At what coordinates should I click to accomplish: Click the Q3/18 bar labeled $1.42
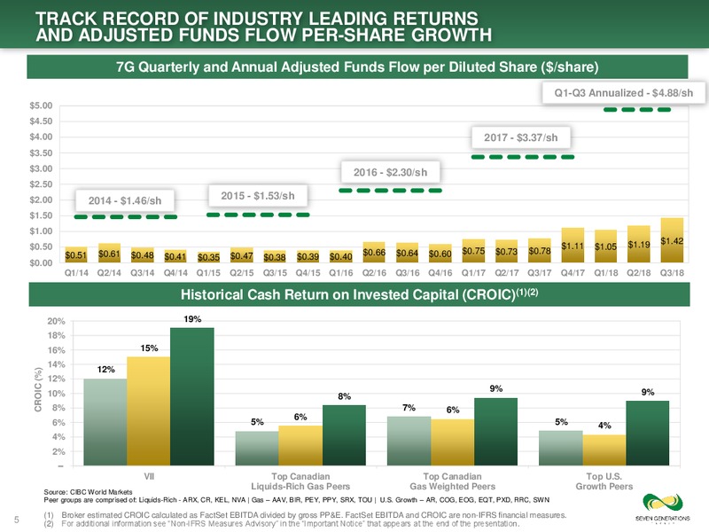pyautogui.click(x=672, y=240)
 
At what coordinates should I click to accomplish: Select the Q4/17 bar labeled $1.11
pyautogui.click(x=573, y=246)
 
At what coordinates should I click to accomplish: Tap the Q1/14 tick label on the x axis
pyautogui.click(x=76, y=273)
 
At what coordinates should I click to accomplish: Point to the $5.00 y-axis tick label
pyautogui.click(x=41, y=106)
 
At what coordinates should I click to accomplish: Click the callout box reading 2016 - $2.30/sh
pyautogui.click(x=390, y=172)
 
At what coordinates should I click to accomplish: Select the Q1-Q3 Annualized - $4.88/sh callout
pyautogui.click(x=624, y=93)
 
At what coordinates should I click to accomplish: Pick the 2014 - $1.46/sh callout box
pyautogui.click(x=125, y=200)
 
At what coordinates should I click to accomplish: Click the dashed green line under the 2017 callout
pyautogui.click(x=523, y=157)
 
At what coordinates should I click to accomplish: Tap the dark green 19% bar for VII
pyautogui.click(x=192, y=396)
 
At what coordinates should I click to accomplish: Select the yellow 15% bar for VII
pyautogui.click(x=149, y=411)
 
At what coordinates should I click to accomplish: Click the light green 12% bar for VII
pyautogui.click(x=105, y=422)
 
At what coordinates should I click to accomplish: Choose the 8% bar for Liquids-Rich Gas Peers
pyautogui.click(x=344, y=435)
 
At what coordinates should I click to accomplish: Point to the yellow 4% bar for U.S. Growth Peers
pyautogui.click(x=604, y=450)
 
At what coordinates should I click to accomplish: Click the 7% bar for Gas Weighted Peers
pyautogui.click(x=409, y=441)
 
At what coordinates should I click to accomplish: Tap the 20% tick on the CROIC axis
pyautogui.click(x=57, y=321)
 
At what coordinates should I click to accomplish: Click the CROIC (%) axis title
pyautogui.click(x=38, y=389)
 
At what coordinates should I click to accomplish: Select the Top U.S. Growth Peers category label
pyautogui.click(x=604, y=481)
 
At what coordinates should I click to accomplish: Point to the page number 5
pyautogui.click(x=17, y=520)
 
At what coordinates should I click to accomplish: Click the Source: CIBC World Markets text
pyautogui.click(x=88, y=492)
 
